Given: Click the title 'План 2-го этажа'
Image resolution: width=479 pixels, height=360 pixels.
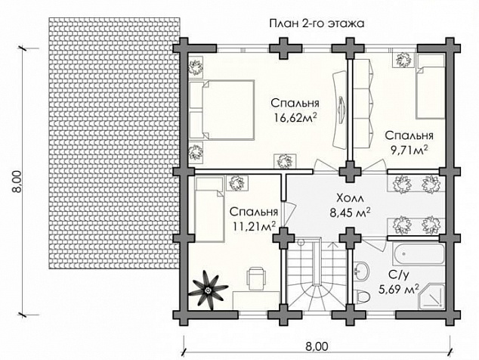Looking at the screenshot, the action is (317, 23).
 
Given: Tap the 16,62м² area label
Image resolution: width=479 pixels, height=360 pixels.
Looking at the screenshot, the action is (295, 117).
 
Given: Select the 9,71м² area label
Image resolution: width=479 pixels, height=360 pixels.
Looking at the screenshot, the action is (409, 150).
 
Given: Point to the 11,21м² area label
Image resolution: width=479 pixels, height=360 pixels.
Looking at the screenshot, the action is (255, 226).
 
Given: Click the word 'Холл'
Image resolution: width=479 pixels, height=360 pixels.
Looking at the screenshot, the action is (350, 198).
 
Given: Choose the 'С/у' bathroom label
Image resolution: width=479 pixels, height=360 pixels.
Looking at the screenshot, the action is (398, 275).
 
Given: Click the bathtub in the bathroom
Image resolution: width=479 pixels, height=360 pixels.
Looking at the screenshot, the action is (418, 254).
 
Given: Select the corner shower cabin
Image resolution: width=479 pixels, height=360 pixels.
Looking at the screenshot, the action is (431, 296).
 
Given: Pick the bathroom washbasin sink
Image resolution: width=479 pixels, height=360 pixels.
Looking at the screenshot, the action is (362, 271).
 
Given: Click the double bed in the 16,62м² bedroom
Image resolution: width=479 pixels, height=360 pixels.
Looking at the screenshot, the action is (221, 110).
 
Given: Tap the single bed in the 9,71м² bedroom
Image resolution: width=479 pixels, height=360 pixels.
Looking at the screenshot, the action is (430, 86).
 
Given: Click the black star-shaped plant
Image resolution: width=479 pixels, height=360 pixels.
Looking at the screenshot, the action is (208, 290).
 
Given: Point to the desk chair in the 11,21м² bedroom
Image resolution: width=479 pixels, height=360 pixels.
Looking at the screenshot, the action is (255, 278).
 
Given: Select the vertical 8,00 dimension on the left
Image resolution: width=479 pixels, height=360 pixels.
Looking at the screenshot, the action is (17, 182).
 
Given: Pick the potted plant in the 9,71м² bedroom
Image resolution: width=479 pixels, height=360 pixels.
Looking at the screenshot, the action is (404, 60).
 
